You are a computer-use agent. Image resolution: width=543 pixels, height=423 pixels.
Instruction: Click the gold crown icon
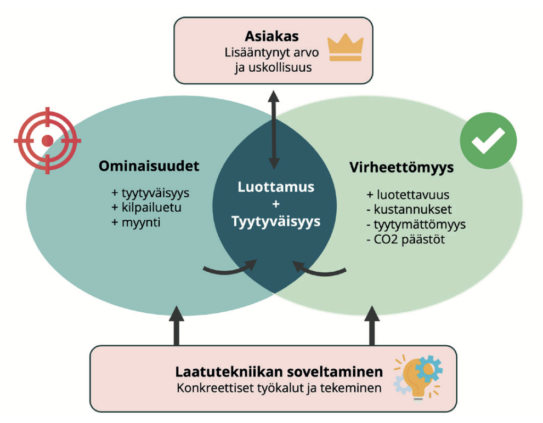345,48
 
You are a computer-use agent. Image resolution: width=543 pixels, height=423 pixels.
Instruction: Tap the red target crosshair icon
47,141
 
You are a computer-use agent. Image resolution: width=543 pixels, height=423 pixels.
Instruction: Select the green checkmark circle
488,141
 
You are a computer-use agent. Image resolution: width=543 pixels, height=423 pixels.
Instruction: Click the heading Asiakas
272,36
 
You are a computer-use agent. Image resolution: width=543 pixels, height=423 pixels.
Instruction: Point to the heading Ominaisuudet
149,166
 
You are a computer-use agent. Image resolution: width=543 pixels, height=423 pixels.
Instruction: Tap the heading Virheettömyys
401,168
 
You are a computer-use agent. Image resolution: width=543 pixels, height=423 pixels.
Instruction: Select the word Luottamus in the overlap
276,187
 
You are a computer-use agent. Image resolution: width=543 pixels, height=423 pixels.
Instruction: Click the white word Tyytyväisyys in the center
276,222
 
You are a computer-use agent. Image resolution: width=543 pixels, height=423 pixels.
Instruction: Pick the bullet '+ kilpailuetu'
146,208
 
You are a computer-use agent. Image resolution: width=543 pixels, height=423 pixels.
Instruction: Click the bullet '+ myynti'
136,222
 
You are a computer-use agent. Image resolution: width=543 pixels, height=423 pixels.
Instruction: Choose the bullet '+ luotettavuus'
408,195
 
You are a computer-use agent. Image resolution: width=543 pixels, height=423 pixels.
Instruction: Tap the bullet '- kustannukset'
409,210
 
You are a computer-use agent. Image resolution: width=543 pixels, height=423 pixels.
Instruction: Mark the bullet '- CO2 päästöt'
406,239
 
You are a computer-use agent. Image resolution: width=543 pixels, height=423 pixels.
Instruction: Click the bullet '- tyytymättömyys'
416,225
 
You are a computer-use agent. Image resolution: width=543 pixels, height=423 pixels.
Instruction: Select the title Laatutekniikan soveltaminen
279,372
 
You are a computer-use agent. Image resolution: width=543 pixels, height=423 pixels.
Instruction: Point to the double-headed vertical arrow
274,130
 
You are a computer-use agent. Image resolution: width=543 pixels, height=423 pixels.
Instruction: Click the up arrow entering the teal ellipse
177,325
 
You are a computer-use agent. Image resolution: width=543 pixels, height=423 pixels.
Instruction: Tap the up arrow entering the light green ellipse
372,325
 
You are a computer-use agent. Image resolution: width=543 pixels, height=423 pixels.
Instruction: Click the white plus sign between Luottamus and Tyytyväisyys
276,204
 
